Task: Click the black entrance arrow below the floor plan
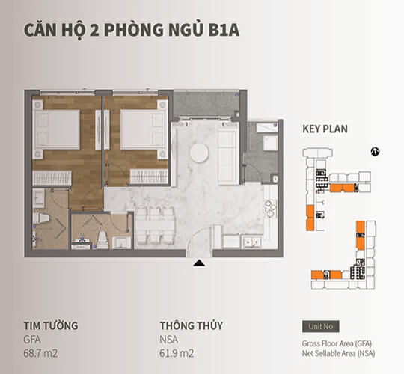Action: coord(198,263)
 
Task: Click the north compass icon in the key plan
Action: coord(376,151)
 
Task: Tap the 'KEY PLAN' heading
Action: coord(325,129)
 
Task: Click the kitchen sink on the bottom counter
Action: coord(254,241)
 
